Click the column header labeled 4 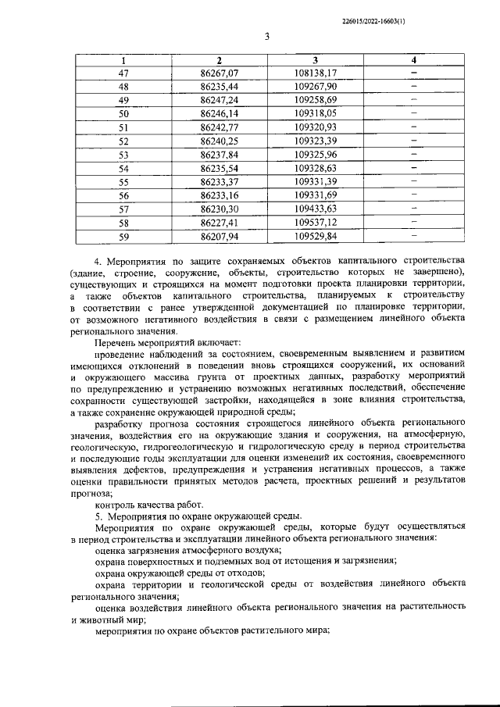point(414,60)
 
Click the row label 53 point(123,154)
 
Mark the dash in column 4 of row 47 point(414,73)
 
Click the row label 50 point(123,114)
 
